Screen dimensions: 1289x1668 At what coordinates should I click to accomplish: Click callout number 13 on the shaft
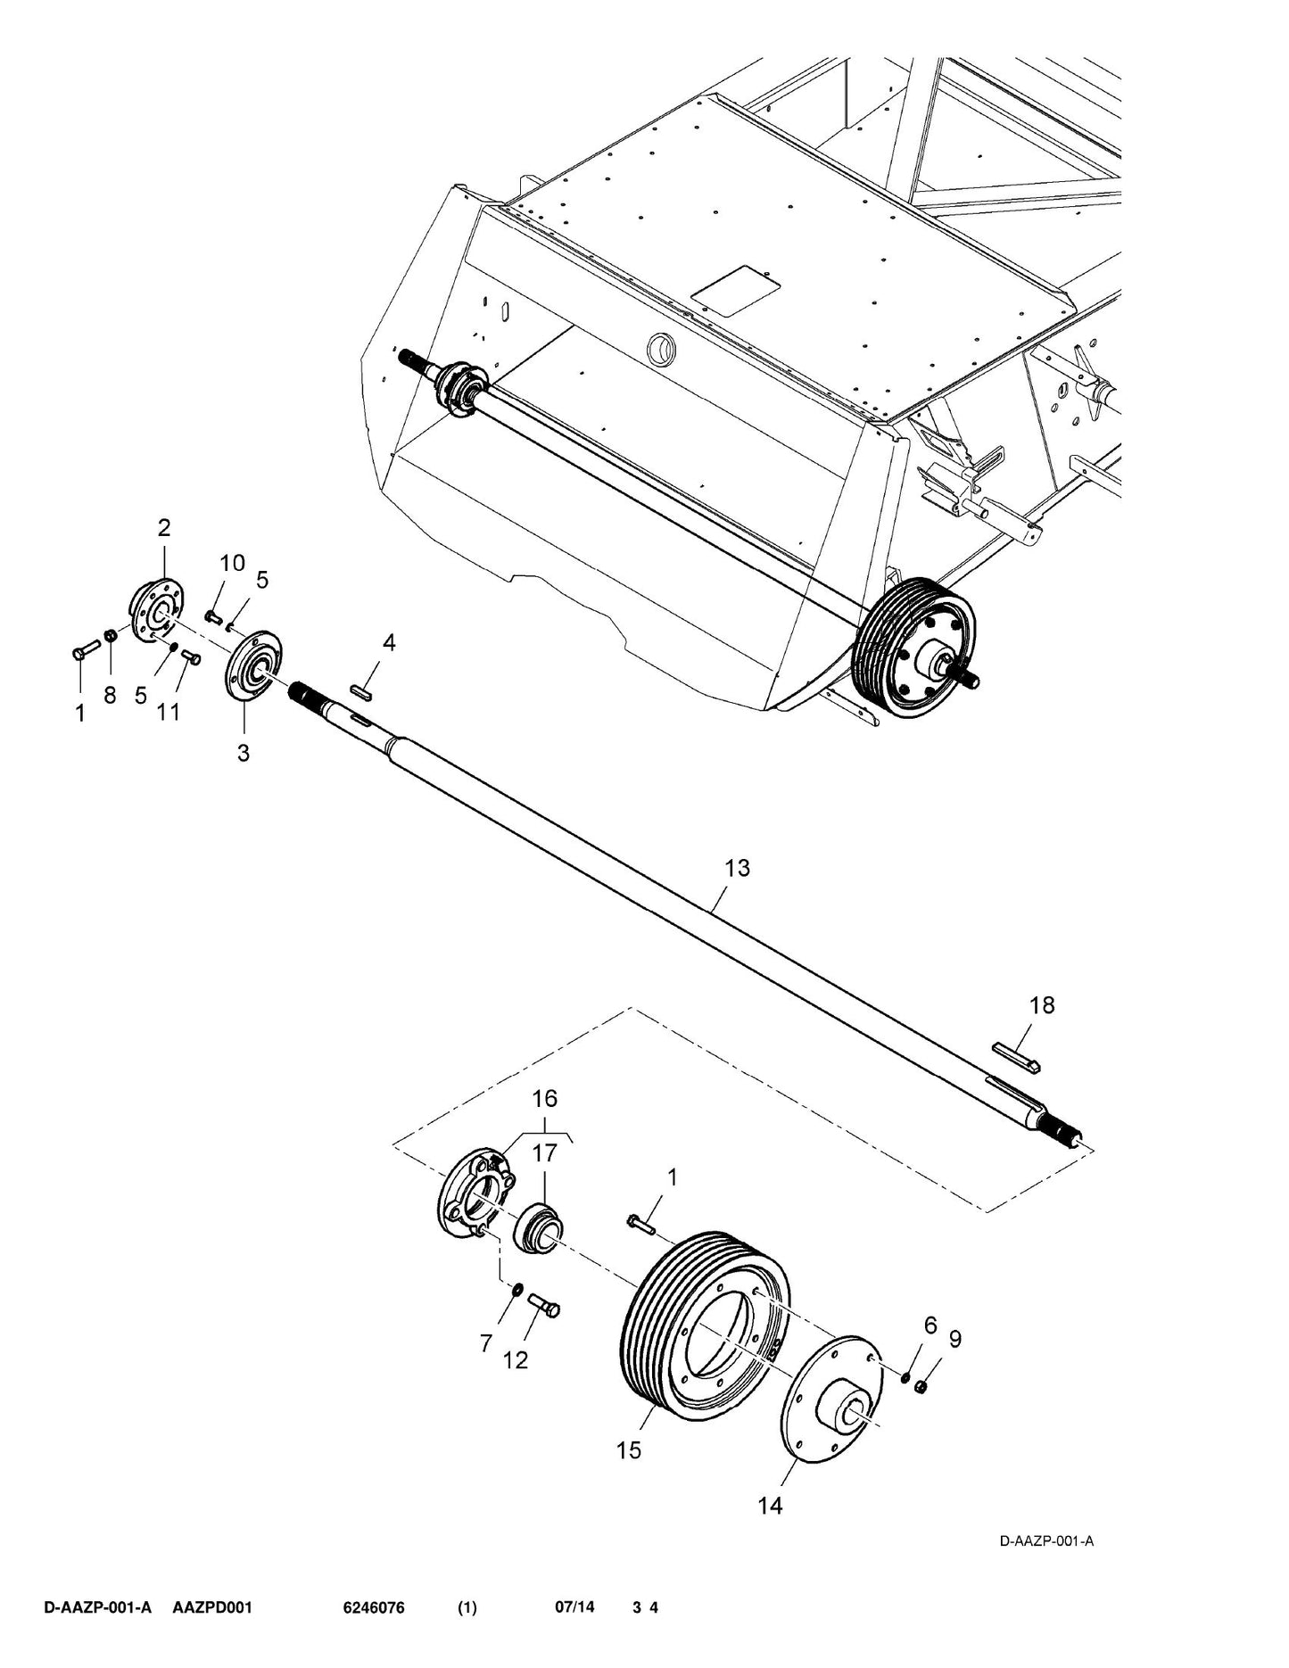click(x=738, y=868)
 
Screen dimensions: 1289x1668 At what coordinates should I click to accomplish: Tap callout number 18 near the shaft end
click(x=1042, y=1005)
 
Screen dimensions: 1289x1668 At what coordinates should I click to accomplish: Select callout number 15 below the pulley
click(x=629, y=1450)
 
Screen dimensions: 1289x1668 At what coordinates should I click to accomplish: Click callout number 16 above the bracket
click(x=545, y=1098)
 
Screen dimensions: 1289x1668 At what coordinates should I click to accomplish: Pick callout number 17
click(x=544, y=1153)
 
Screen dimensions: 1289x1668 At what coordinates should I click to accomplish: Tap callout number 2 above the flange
click(x=164, y=527)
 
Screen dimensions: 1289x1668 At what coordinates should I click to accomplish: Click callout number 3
click(x=244, y=753)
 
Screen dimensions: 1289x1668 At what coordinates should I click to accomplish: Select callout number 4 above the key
click(x=389, y=642)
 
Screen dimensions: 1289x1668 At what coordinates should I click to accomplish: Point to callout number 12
click(x=516, y=1360)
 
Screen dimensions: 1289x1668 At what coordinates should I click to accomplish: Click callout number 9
click(x=954, y=1339)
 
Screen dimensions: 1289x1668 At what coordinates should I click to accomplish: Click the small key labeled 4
click(x=363, y=689)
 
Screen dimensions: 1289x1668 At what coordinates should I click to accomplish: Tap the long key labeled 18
click(x=1018, y=1054)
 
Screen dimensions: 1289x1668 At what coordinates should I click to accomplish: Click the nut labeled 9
click(x=923, y=1385)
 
